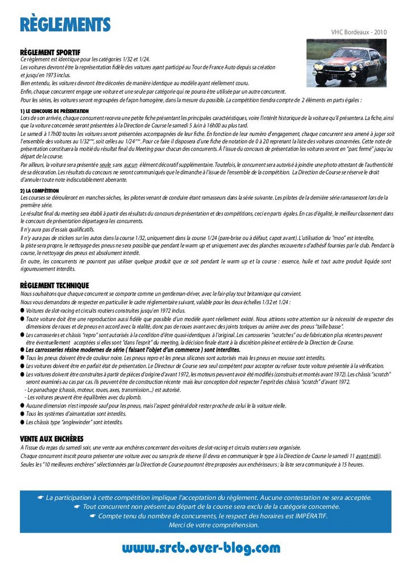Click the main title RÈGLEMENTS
point(65,24)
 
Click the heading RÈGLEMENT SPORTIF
point(50,52)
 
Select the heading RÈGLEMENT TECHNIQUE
point(55,285)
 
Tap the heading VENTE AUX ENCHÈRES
point(52,439)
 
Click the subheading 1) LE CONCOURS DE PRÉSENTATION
point(54,110)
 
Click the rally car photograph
point(347,63)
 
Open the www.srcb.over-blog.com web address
point(201,548)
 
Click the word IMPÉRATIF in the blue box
point(307,516)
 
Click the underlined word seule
point(105,164)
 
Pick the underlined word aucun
point(131,164)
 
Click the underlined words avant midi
point(368,456)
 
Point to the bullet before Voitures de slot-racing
point(22,311)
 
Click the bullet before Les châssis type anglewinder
point(22,422)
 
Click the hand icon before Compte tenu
point(93,516)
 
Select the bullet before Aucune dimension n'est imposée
point(22,406)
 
